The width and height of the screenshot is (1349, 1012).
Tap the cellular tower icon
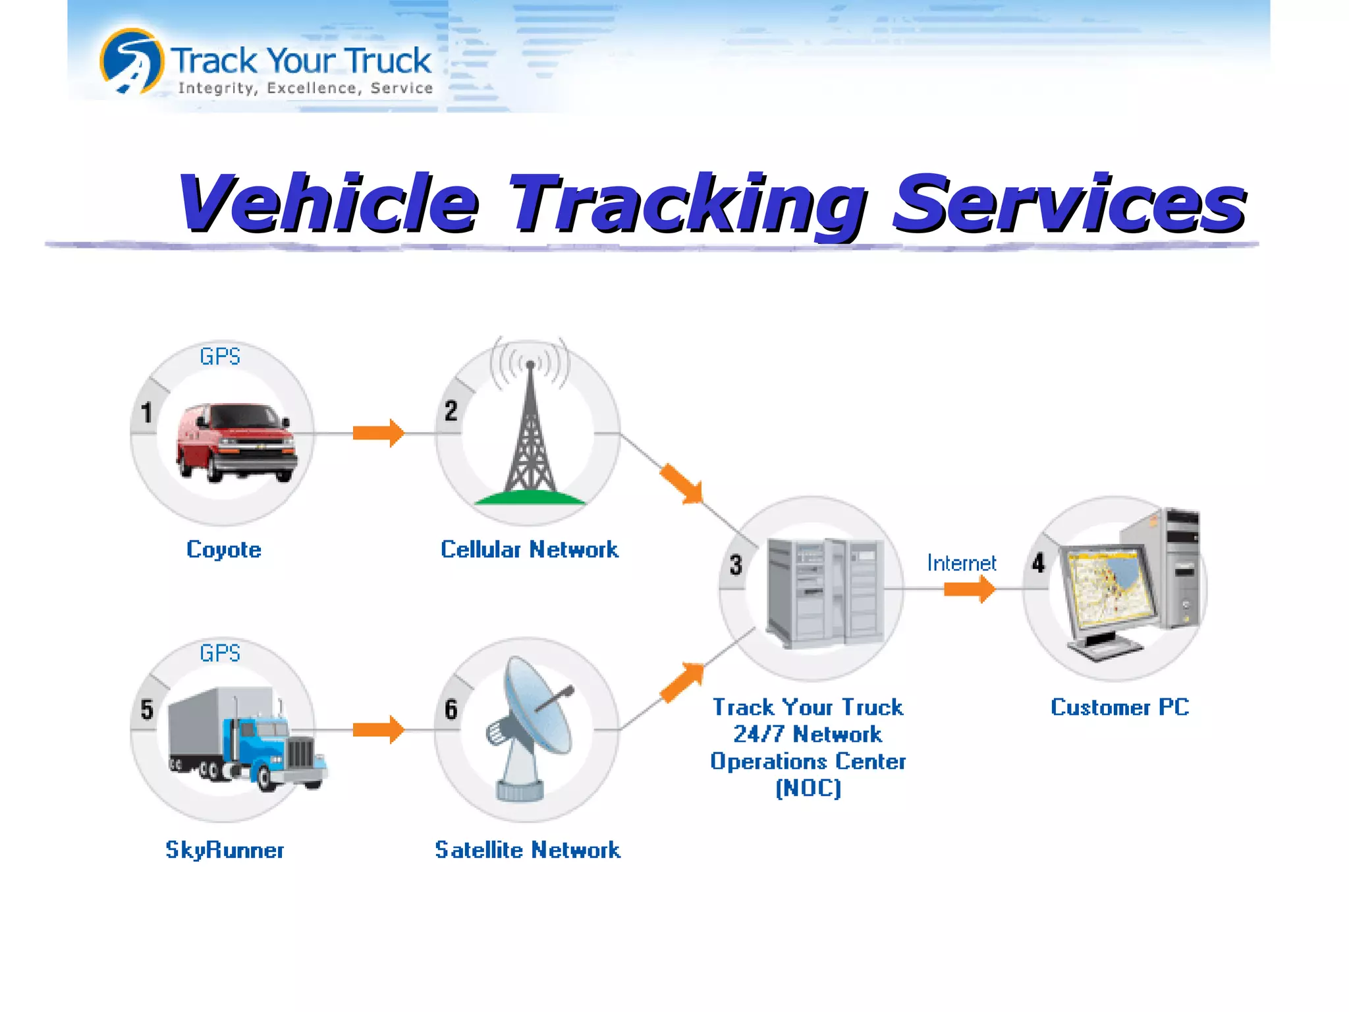[x=530, y=435]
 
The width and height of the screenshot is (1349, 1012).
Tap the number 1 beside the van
[x=146, y=413]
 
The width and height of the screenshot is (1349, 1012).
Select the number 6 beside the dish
[x=451, y=710]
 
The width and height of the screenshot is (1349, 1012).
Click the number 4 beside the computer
[x=1038, y=563]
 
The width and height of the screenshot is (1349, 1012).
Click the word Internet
[x=961, y=563]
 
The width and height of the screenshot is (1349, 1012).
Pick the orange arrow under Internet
[x=969, y=588]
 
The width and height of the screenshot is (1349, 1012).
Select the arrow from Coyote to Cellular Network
[x=378, y=433]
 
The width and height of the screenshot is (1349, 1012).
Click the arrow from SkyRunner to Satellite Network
[x=378, y=729]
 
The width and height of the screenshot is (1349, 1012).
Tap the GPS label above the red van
[x=220, y=356]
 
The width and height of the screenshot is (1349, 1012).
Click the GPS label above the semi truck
[x=220, y=653]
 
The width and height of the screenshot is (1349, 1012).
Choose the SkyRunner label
[x=225, y=850]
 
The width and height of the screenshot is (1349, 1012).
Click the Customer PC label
[x=1120, y=707]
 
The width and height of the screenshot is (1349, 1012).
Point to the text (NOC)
[x=808, y=788]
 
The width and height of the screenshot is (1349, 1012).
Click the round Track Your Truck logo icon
[x=132, y=61]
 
